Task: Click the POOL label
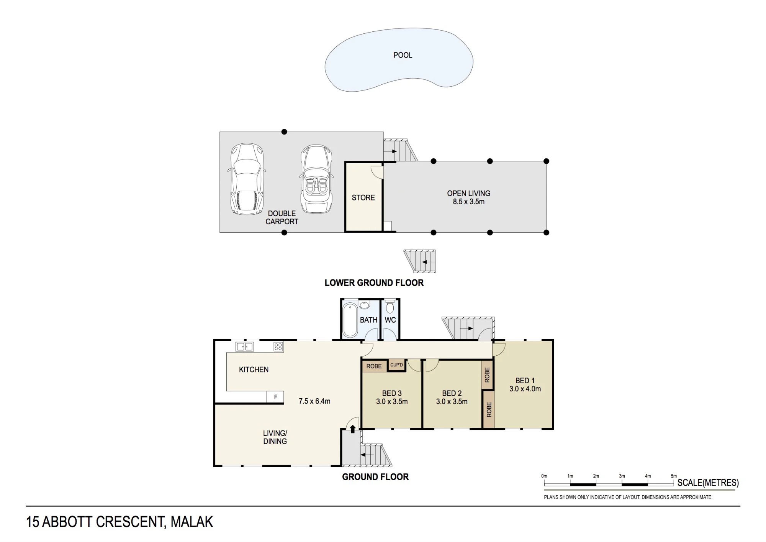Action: (403, 55)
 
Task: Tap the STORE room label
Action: (363, 198)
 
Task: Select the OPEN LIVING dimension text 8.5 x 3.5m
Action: (468, 202)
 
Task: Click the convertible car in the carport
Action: (316, 179)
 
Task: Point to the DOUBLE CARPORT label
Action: (282, 218)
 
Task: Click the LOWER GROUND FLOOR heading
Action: (374, 283)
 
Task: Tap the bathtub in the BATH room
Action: (350, 320)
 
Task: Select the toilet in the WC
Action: (390, 307)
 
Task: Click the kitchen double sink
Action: (245, 347)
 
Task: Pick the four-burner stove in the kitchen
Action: (278, 347)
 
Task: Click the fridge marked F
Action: (275, 397)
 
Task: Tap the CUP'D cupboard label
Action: (396, 365)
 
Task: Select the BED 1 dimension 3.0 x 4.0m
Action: (525, 389)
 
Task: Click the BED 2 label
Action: (452, 393)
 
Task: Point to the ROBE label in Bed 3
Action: (374, 366)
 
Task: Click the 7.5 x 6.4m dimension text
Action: (314, 401)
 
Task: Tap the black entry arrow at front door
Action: (353, 429)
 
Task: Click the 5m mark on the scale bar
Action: (674, 476)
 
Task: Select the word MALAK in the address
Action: (191, 522)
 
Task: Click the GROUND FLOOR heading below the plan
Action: (375, 477)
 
